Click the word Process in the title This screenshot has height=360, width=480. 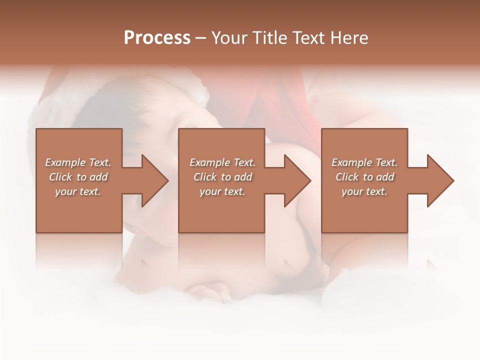157,38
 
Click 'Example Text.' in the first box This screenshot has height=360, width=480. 78,162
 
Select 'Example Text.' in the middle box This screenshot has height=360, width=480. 222,162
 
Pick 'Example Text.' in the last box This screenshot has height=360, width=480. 364,162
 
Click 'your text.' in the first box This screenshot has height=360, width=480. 78,191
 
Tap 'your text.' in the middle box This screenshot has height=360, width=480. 222,191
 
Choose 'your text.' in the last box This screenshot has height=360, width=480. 364,191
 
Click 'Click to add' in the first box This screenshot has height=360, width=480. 78,177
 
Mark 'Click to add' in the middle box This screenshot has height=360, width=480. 222,177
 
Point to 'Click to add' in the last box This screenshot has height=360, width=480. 364,177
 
